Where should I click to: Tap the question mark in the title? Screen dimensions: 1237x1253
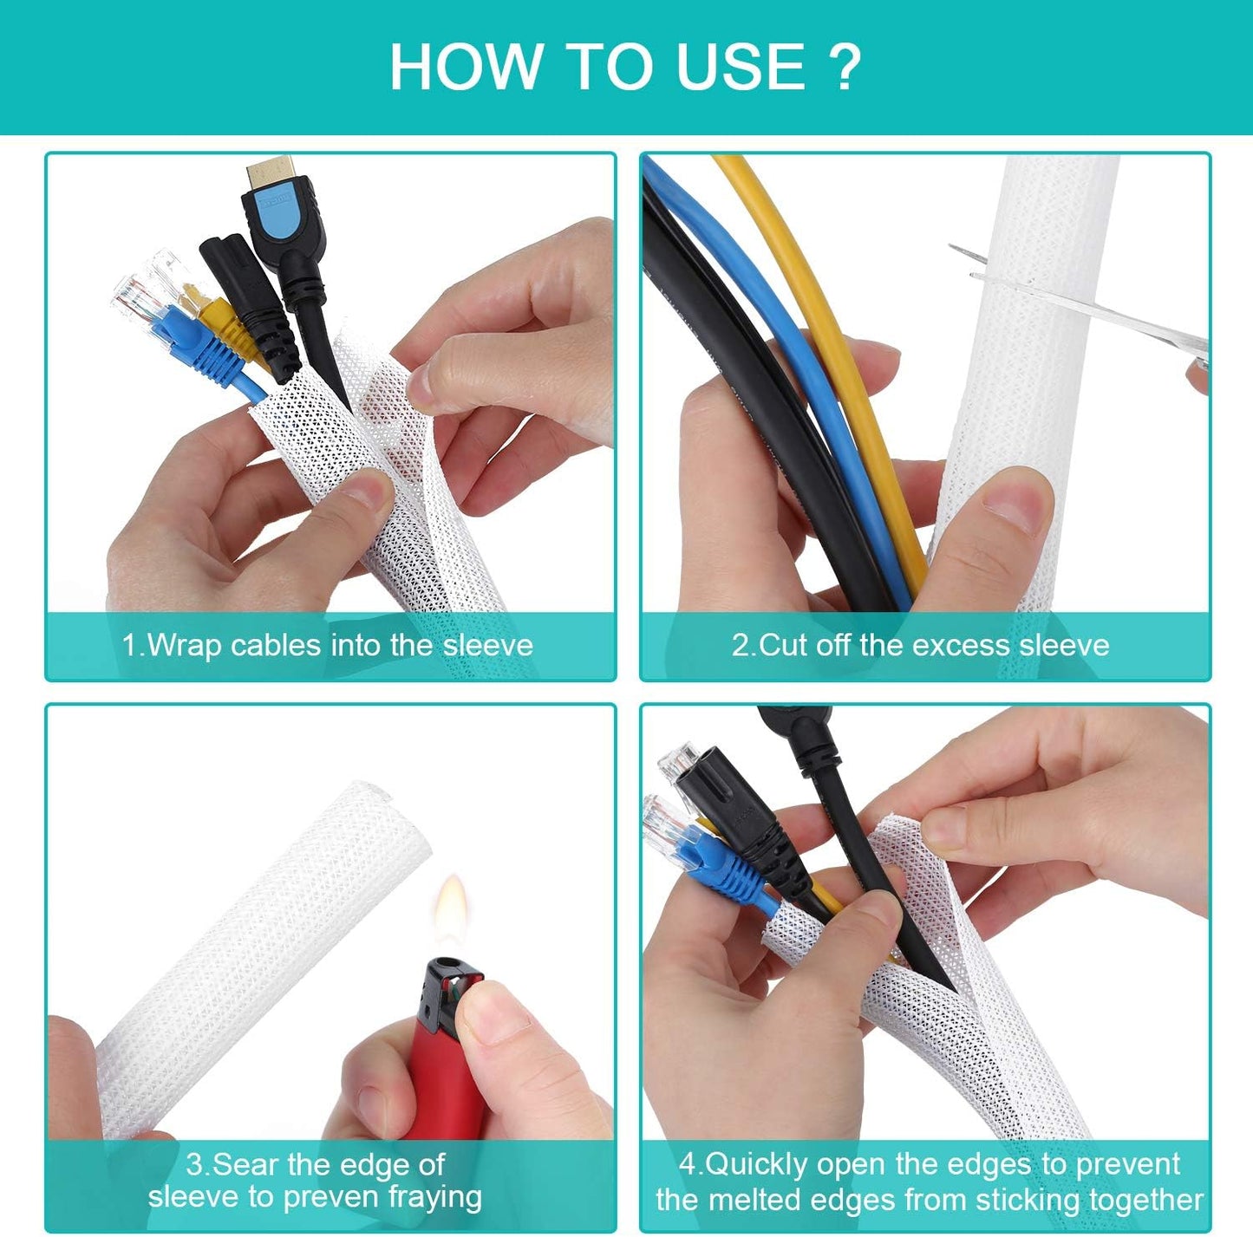tap(845, 67)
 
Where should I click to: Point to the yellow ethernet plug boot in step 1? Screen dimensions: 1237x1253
tap(227, 334)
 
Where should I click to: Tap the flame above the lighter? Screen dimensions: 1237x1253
tap(451, 906)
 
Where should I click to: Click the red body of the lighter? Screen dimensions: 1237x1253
tap(447, 1075)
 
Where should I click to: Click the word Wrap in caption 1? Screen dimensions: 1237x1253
tap(185, 646)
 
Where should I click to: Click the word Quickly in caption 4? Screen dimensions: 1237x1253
tap(756, 1164)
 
